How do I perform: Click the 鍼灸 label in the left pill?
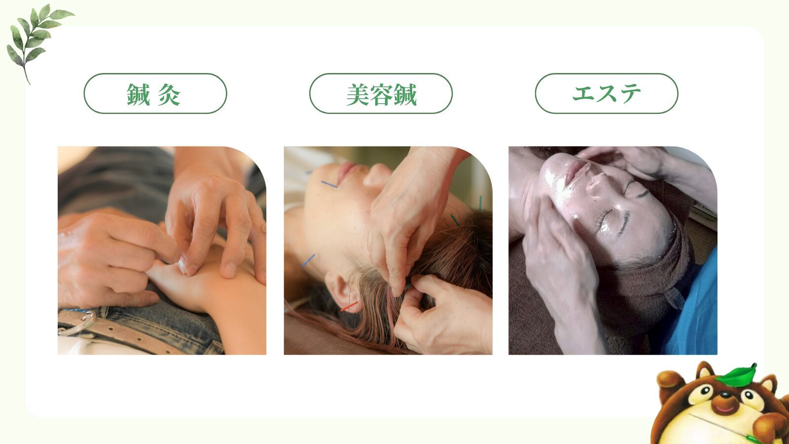click(153, 94)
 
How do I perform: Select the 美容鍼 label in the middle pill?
click(382, 94)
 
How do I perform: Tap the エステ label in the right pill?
click(607, 94)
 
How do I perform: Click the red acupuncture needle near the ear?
click(349, 306)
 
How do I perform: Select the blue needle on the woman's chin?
click(329, 184)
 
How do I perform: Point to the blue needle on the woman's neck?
click(308, 260)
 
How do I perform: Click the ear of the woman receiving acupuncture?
click(339, 292)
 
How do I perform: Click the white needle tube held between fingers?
click(182, 264)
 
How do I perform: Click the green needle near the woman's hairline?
click(455, 220)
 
